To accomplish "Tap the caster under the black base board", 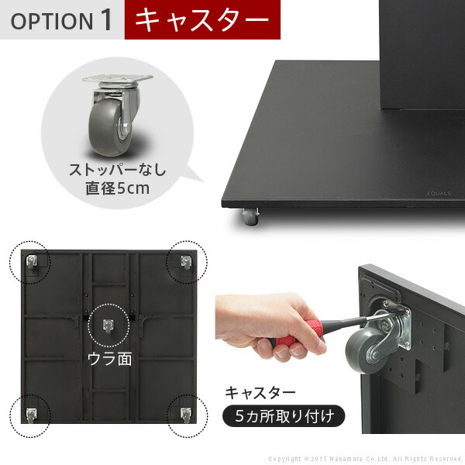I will (250, 218).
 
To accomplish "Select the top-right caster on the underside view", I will (185, 264).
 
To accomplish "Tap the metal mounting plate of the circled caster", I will (117, 79).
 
